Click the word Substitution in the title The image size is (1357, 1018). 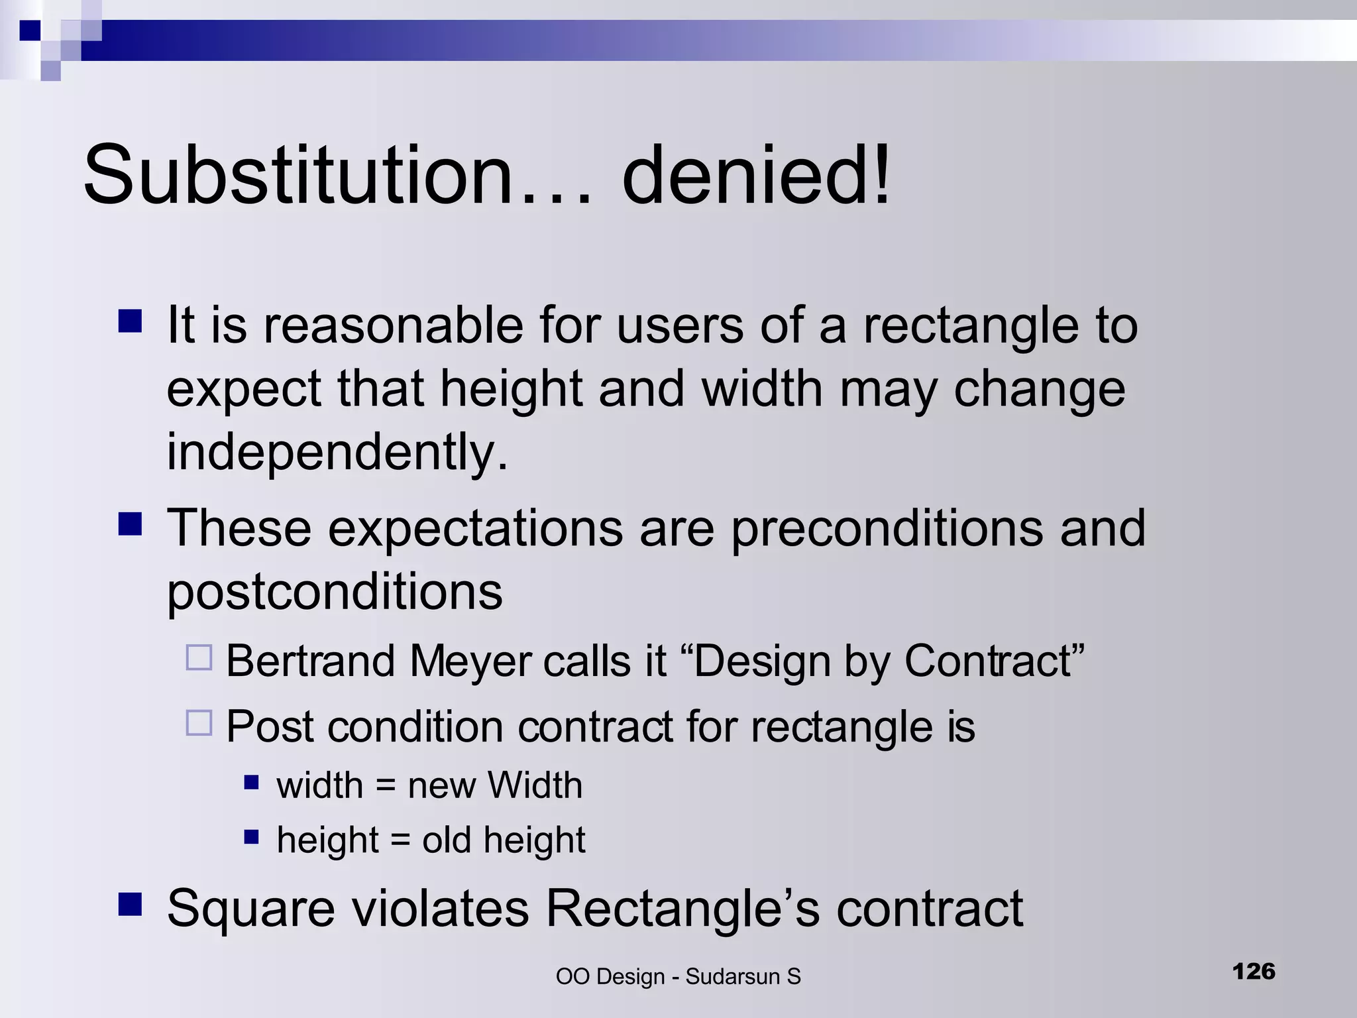tap(298, 176)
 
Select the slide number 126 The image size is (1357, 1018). tap(1254, 972)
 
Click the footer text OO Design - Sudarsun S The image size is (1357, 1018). tap(678, 976)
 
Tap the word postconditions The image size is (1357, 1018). tap(335, 592)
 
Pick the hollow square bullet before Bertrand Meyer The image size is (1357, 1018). tap(199, 657)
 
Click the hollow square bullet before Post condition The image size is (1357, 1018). tap(199, 723)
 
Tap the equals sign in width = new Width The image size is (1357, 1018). tap(386, 787)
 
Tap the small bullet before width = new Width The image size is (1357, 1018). tap(251, 783)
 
